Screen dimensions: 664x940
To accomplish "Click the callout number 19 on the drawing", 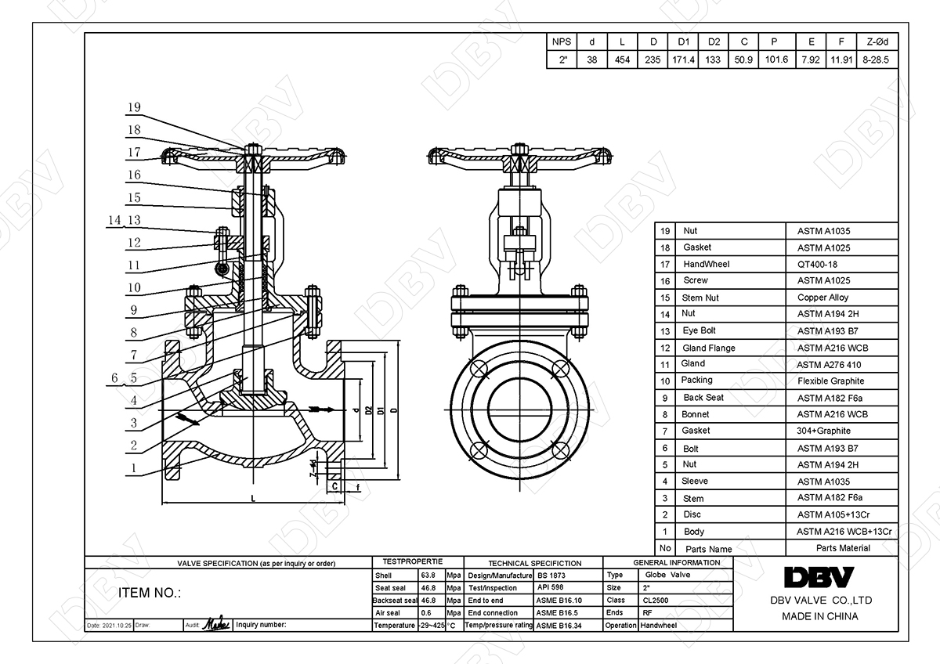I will click(134, 107).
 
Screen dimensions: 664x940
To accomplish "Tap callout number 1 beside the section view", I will click(134, 468).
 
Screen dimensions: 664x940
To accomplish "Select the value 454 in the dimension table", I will click(623, 60).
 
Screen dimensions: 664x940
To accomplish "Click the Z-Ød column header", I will click(877, 42).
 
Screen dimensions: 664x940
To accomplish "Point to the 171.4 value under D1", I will click(683, 60).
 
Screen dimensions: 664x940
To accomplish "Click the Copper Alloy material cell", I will click(822, 298).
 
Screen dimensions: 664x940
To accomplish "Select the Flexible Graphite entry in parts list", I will click(830, 381).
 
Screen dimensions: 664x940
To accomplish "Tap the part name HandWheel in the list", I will click(706, 265).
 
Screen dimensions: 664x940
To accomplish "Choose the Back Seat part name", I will click(703, 398).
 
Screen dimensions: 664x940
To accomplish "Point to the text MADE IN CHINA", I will click(819, 616).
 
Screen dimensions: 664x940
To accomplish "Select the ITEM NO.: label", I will click(149, 593).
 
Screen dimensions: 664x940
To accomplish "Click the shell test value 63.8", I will click(428, 575).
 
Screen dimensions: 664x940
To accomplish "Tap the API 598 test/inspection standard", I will click(551, 587).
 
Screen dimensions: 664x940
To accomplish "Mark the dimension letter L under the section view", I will click(253, 498).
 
